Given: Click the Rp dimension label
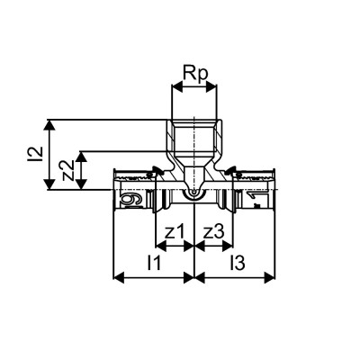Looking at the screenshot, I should [193, 72].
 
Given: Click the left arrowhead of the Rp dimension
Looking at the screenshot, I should [175, 87].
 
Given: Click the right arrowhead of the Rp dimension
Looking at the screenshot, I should [213, 87].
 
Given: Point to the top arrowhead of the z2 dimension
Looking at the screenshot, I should [82, 154].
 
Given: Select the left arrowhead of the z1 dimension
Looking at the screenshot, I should [159, 245].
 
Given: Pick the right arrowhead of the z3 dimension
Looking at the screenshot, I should [230, 245].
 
